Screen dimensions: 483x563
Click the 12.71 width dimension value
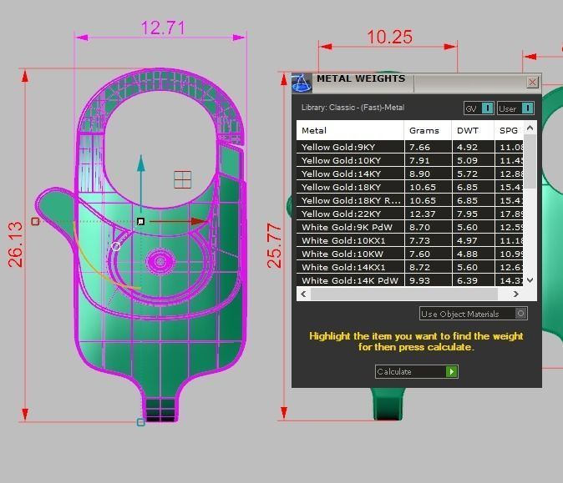(163, 28)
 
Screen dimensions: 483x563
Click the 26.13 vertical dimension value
(16, 244)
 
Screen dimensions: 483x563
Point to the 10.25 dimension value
(389, 37)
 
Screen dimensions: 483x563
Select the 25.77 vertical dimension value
(274, 245)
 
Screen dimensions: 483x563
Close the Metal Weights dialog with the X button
(532, 83)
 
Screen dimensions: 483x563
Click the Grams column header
(424, 130)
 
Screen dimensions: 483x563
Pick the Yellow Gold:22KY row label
(341, 214)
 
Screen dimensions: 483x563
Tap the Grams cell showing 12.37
(420, 214)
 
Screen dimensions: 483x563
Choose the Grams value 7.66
(420, 148)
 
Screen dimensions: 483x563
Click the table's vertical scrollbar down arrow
(530, 281)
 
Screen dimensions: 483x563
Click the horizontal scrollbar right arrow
(516, 294)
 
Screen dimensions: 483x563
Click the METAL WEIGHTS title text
(360, 79)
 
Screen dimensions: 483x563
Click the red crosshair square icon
(183, 179)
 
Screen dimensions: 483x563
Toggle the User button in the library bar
(515, 108)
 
